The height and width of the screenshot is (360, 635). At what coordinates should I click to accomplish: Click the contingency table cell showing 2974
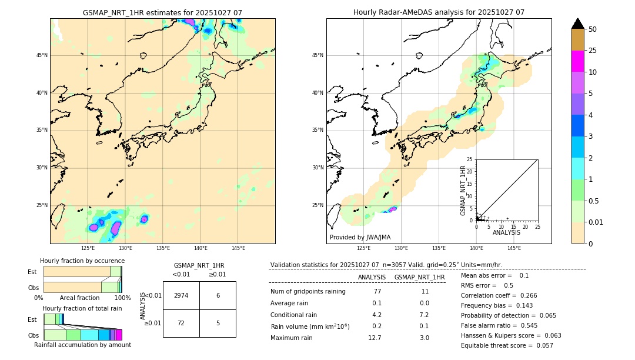pyautogui.click(x=181, y=295)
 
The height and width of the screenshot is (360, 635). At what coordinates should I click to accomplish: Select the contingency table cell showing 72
pyautogui.click(x=181, y=323)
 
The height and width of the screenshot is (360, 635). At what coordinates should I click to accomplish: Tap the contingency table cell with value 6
pyautogui.click(x=218, y=295)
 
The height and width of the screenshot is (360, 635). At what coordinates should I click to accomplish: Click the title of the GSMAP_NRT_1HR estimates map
pyautogui.click(x=162, y=12)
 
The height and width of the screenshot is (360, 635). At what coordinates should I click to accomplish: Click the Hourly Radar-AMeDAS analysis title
pyautogui.click(x=439, y=12)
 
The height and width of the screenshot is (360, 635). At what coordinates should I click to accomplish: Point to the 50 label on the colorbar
pyautogui.click(x=593, y=29)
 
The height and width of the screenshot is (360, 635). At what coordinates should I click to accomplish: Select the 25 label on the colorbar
pyautogui.click(x=593, y=51)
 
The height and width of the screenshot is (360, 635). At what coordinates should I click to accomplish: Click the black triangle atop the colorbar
pyautogui.click(x=578, y=24)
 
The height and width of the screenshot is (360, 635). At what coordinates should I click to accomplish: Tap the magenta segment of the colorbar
pyautogui.click(x=578, y=61)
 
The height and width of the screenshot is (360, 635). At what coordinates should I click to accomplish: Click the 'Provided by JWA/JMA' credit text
pyautogui.click(x=360, y=237)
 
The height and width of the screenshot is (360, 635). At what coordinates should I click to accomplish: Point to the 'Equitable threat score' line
pyautogui.click(x=507, y=345)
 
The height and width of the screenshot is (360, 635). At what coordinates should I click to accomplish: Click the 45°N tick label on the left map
pyautogui.click(x=42, y=55)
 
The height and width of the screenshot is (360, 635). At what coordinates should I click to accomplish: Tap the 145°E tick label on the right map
pyautogui.click(x=514, y=248)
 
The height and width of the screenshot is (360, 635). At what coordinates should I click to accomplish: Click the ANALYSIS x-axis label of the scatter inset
pyautogui.click(x=506, y=233)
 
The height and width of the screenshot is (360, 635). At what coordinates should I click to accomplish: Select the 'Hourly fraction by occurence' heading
pyautogui.click(x=82, y=261)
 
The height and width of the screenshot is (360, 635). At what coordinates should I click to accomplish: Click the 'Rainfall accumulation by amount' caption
pyautogui.click(x=82, y=345)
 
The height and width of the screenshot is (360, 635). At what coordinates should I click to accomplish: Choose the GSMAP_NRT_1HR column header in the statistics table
pyautogui.click(x=419, y=277)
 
